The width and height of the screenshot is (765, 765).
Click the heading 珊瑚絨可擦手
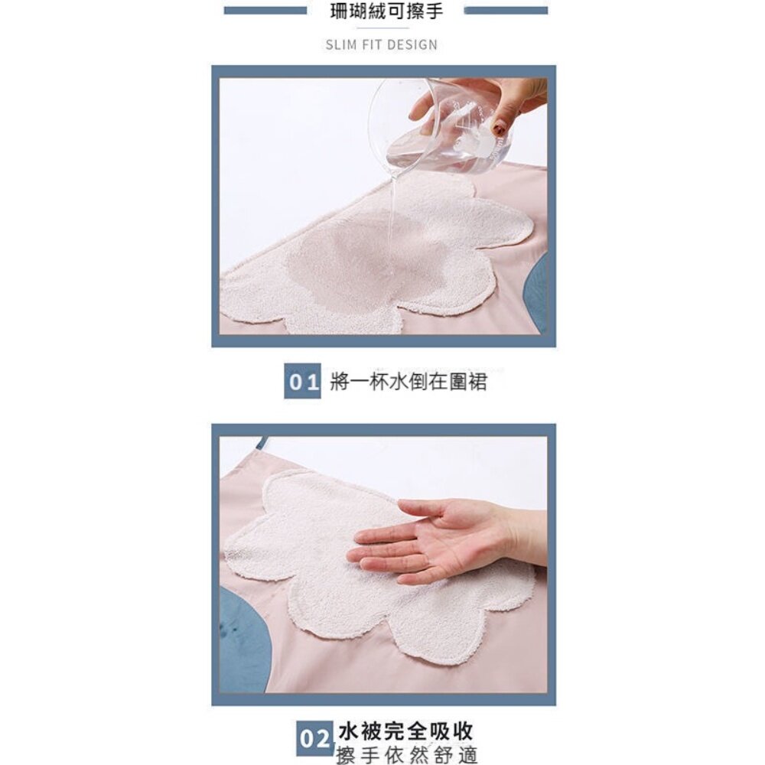pyautogui.click(x=386, y=11)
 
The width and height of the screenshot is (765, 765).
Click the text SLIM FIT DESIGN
pyautogui.click(x=382, y=44)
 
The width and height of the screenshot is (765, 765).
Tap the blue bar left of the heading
pyautogui.click(x=265, y=11)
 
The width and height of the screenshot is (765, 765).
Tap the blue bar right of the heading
pyautogui.click(x=506, y=11)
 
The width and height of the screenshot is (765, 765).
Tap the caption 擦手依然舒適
pyautogui.click(x=406, y=755)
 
